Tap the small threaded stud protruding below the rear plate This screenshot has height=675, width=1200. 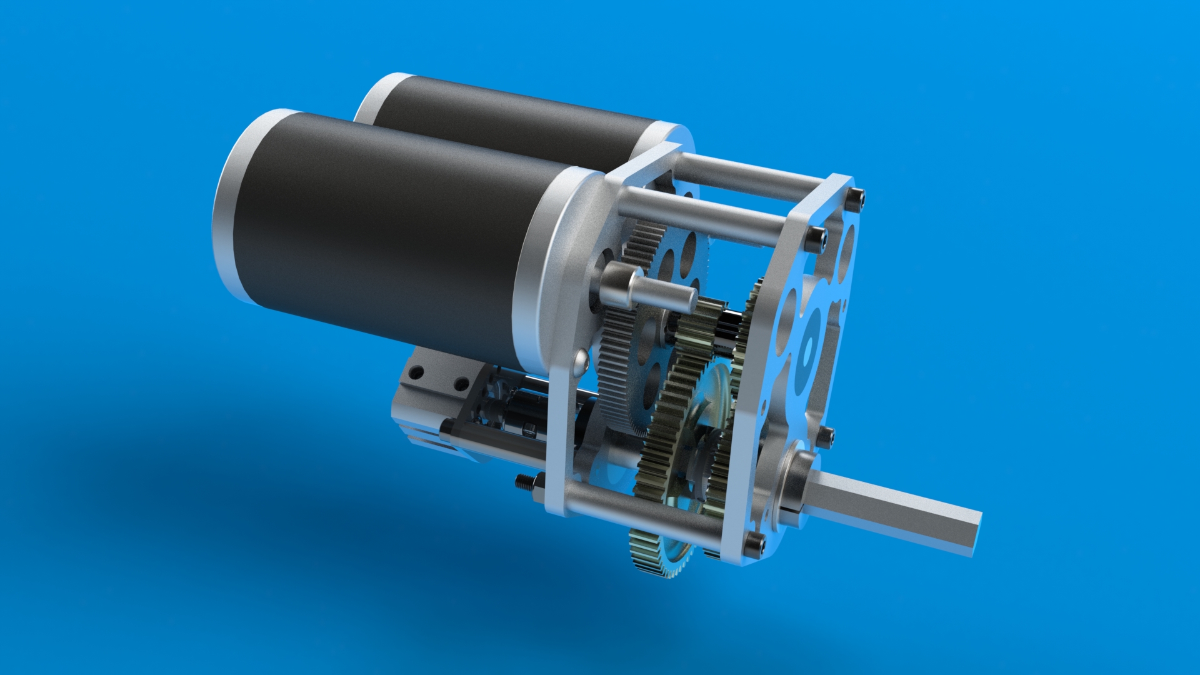[x=525, y=482]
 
